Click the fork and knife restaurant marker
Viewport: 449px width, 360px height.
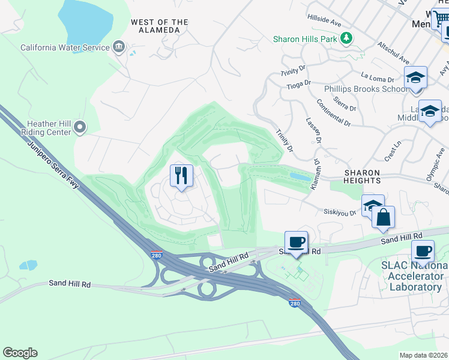click(x=181, y=176)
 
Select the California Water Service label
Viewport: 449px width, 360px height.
click(x=65, y=47)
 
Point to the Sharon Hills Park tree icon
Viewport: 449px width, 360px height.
click(x=346, y=39)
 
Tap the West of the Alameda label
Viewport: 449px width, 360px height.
click(x=159, y=26)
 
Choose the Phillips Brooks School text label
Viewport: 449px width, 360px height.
click(x=365, y=89)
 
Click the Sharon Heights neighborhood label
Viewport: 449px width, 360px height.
click(x=362, y=176)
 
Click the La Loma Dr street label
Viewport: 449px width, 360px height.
click(x=378, y=77)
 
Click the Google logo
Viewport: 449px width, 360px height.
click(x=20, y=353)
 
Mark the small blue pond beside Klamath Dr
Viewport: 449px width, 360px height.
click(x=300, y=176)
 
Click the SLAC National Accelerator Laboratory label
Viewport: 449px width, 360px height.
click(x=414, y=276)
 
